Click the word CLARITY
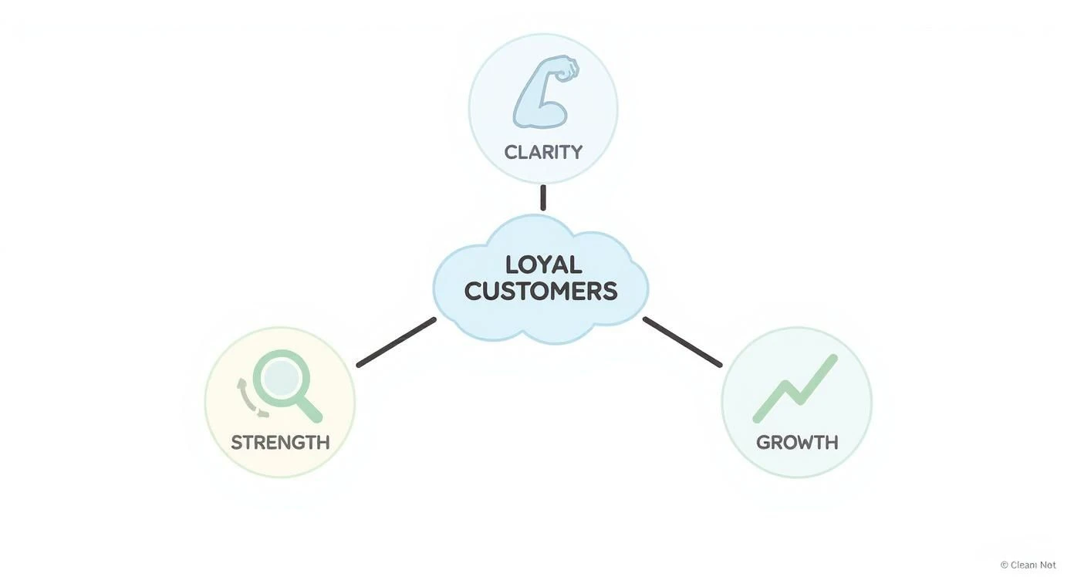coord(543,152)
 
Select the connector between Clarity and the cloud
coord(543,197)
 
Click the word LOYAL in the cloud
coord(543,265)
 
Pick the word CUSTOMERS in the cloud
coord(541,292)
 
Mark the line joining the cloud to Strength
coord(396,342)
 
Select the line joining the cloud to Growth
coord(682,342)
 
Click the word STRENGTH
coord(280,443)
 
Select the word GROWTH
coord(797,443)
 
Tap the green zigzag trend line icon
coord(795,389)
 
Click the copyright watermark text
coord(1028,565)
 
